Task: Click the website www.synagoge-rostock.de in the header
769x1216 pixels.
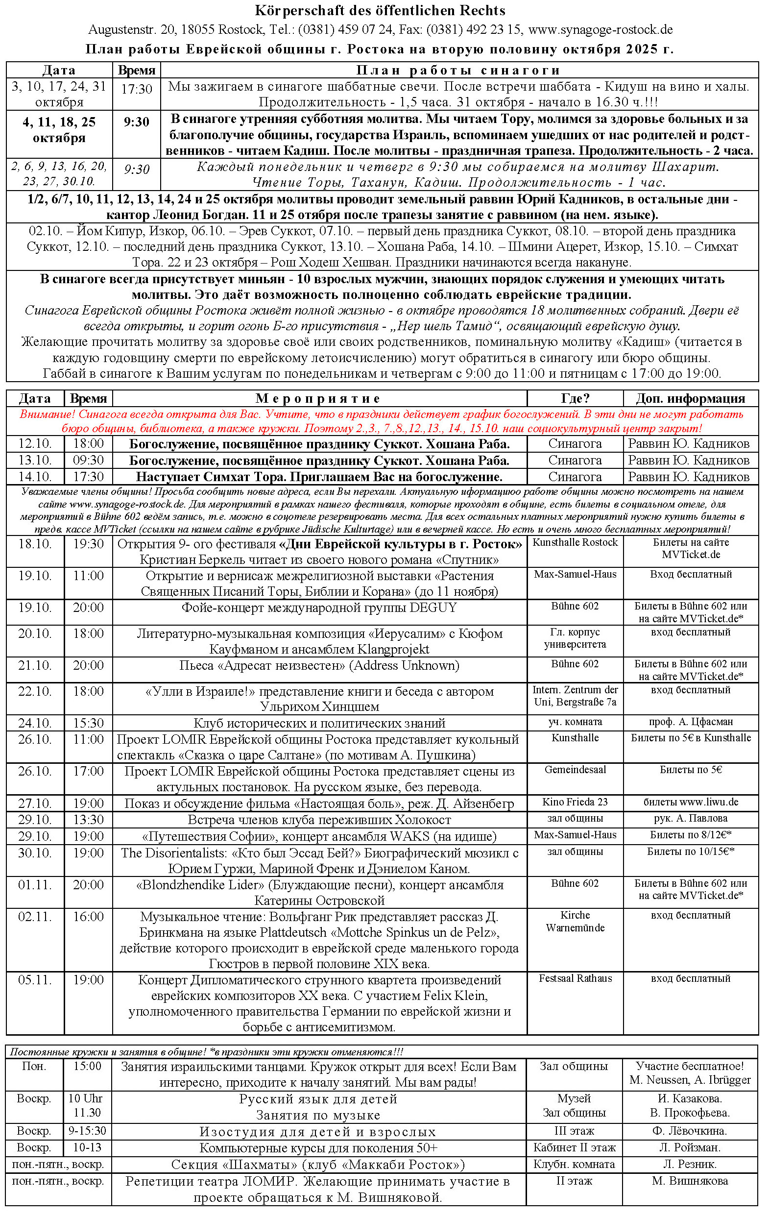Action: (x=601, y=30)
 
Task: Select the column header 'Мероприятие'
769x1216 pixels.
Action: (x=318, y=398)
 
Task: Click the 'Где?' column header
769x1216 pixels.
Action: (x=575, y=398)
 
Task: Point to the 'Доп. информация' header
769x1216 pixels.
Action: (x=690, y=398)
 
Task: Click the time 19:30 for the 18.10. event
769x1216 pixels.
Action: (x=88, y=544)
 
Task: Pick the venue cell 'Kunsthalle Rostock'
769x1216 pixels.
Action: (x=575, y=542)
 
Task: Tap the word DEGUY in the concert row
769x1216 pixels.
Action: (x=433, y=608)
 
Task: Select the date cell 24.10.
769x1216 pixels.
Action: (x=35, y=723)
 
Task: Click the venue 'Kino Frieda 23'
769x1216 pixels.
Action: (x=575, y=802)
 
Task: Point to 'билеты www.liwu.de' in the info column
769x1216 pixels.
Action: (x=691, y=802)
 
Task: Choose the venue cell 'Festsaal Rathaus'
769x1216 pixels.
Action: (x=575, y=978)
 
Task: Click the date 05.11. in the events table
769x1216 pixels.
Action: (x=35, y=980)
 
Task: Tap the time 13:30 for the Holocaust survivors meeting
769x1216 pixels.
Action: (x=88, y=820)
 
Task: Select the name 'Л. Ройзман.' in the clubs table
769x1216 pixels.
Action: (x=690, y=1148)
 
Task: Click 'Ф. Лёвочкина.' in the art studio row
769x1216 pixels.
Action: (x=690, y=1131)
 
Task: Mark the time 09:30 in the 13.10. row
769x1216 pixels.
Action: (x=88, y=461)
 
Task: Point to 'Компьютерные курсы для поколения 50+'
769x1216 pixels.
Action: (x=318, y=1148)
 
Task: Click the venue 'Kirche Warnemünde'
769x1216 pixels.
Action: (x=575, y=921)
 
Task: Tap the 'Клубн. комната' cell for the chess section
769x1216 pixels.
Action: (x=574, y=1165)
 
